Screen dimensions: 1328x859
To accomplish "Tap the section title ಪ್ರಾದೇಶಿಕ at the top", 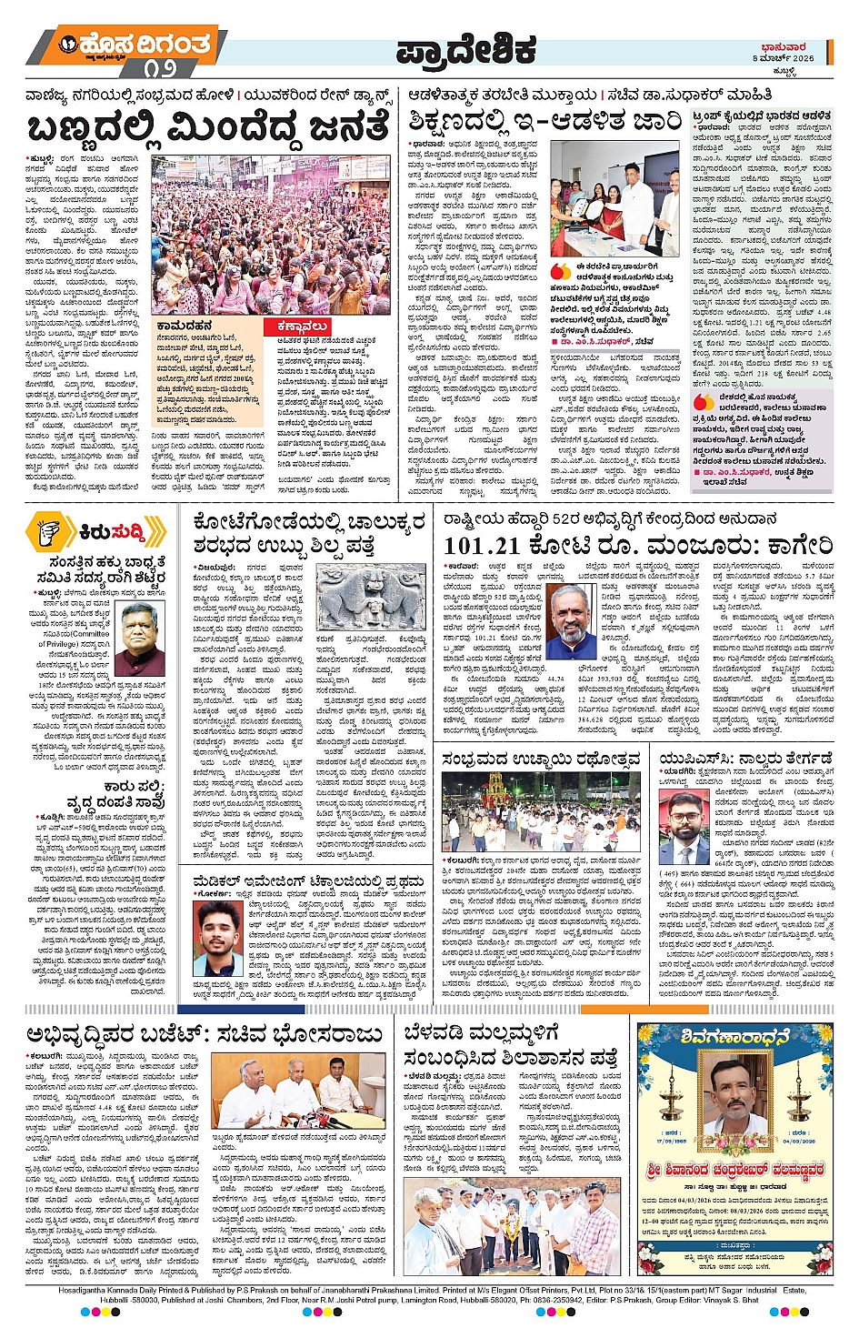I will click(466, 52).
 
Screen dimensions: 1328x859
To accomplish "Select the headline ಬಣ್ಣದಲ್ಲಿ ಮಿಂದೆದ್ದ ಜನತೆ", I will click(209, 127).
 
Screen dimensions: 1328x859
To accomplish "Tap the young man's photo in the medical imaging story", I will click(218, 938).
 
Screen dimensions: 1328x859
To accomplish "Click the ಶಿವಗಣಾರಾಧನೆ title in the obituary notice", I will click(734, 1037).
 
